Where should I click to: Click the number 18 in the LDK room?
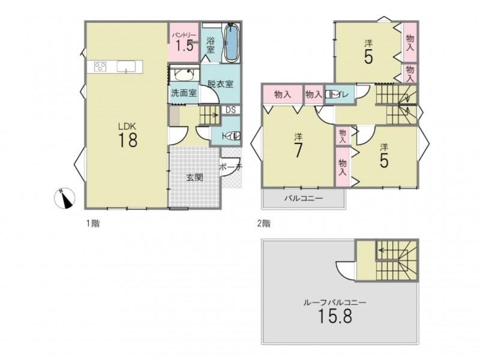click(x=128, y=140)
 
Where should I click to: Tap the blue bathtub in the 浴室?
click(x=232, y=43)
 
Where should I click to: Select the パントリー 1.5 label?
click(x=184, y=42)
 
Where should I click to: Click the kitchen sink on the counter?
click(x=126, y=67)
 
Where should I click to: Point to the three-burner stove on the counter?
click(x=100, y=67)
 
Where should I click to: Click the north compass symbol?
click(x=64, y=198)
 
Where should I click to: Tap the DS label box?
click(x=230, y=110)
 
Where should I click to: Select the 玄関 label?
click(x=194, y=177)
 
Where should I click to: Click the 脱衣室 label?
click(x=220, y=83)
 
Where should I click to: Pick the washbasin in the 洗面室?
click(x=183, y=74)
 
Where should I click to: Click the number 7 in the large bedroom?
click(x=298, y=151)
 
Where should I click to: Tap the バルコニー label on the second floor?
click(x=304, y=199)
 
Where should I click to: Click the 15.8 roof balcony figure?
click(x=335, y=316)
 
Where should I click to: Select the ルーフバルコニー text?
click(x=335, y=302)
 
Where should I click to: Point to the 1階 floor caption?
click(x=92, y=224)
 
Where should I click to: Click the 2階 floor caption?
click(x=263, y=224)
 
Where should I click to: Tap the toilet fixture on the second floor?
click(x=330, y=94)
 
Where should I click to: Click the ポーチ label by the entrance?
click(x=231, y=167)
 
